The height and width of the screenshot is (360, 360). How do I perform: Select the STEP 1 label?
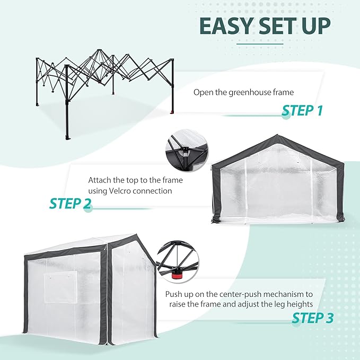point(302,110)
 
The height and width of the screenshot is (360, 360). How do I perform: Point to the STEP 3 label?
point(312,318)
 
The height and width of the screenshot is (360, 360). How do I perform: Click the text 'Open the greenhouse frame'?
point(243,92)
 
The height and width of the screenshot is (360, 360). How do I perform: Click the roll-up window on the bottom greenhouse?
point(60,287)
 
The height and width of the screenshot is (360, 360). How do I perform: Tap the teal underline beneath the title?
point(265,43)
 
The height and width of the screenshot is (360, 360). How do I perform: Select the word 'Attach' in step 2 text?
point(100,180)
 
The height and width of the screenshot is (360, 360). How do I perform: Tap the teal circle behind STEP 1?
point(286,116)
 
